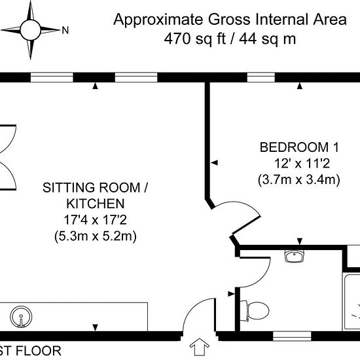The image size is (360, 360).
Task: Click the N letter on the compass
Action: pyautogui.click(x=65, y=30)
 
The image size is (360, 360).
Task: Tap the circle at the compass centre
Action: pyautogui.click(x=30, y=30)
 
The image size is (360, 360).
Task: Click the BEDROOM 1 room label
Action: pyautogui.click(x=299, y=147)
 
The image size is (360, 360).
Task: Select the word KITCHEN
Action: pyautogui.click(x=96, y=204)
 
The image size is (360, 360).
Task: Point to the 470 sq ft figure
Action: pyautogui.click(x=195, y=39)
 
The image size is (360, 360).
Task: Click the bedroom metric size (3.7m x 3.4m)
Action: pyautogui.click(x=298, y=179)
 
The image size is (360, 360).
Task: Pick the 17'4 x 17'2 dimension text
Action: pyautogui.click(x=96, y=220)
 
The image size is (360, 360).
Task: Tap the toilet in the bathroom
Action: pyautogui.click(x=255, y=311)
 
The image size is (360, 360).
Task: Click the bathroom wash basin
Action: pyautogui.click(x=295, y=256)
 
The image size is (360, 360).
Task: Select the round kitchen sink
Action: pyautogui.click(x=21, y=317)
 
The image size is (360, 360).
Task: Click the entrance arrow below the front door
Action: pyautogui.click(x=199, y=347)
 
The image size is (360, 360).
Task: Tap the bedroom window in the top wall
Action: pyautogui.click(x=261, y=77)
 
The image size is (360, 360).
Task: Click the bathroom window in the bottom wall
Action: pyautogui.click(x=292, y=336)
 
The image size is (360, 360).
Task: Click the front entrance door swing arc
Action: pyautogui.click(x=190, y=310)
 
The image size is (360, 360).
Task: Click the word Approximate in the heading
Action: pyautogui.click(x=158, y=20)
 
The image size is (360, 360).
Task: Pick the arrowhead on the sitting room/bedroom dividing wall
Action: pyautogui.click(x=215, y=163)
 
